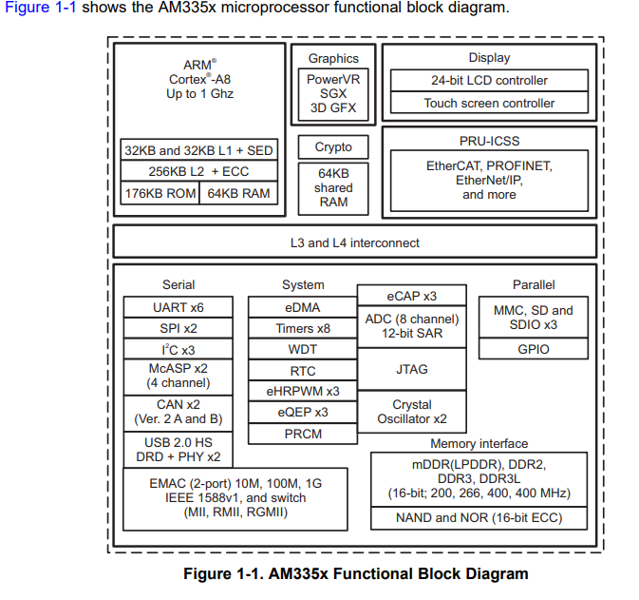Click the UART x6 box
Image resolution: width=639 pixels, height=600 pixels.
pos(179,307)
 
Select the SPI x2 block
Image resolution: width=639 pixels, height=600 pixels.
pos(179,328)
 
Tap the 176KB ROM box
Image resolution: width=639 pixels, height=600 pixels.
pos(160,193)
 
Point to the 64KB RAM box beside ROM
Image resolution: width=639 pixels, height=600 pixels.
pos(239,193)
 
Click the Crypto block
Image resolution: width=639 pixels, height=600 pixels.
pos(333,147)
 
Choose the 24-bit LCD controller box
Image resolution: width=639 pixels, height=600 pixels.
pos(489,81)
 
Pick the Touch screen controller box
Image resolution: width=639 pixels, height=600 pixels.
pos(489,103)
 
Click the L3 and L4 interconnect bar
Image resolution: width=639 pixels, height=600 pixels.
pos(354,242)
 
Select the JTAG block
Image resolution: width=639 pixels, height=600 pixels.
pos(412,369)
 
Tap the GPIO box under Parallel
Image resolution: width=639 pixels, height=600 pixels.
pos(534,349)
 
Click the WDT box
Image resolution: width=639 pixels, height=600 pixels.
pos(303,349)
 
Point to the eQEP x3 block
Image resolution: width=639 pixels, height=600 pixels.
pos(303,413)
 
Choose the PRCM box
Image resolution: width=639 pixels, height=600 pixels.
pos(303,434)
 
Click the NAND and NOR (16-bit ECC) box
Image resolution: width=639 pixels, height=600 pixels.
pos(479,518)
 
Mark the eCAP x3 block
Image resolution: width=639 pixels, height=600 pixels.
pos(412,296)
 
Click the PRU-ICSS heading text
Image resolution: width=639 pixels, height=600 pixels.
pos(489,141)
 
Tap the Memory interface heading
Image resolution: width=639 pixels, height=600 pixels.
pos(479,443)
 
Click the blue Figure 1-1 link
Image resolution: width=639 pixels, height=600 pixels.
pos(40,8)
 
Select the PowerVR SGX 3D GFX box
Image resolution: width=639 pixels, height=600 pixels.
pos(333,94)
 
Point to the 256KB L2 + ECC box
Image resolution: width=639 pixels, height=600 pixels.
pos(198,171)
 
